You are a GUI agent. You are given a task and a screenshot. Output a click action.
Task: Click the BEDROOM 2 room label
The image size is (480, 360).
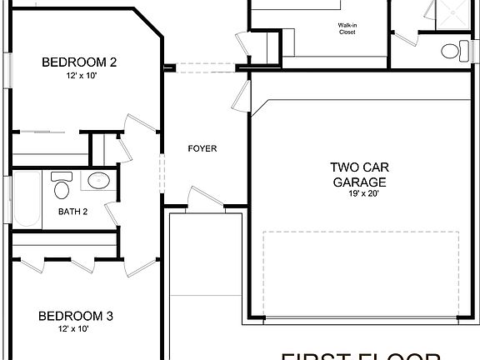point(79,62)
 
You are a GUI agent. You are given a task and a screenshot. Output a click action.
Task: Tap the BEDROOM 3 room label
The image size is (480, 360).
point(76,316)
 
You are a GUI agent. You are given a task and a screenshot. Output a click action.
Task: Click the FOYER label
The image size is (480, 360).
point(202,149)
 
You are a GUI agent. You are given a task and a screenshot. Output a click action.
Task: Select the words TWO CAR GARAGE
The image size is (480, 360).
point(359,173)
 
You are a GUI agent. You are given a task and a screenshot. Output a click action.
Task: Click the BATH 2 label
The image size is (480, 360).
point(73,212)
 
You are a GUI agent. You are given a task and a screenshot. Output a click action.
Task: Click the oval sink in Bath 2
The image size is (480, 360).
point(99,180)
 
